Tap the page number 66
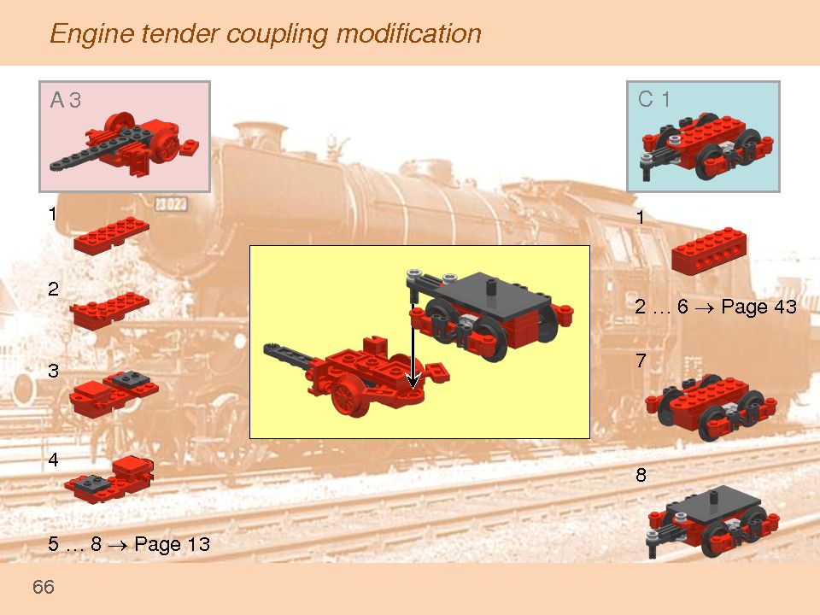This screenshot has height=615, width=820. click(44, 587)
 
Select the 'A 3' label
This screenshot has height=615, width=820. click(65, 100)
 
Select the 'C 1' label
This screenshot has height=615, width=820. click(653, 99)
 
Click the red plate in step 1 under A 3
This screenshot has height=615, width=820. click(111, 234)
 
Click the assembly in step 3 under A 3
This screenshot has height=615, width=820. click(114, 391)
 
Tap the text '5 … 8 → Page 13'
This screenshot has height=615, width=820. click(129, 544)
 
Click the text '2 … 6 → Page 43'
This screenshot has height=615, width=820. click(716, 307)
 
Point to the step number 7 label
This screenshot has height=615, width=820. click(641, 361)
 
